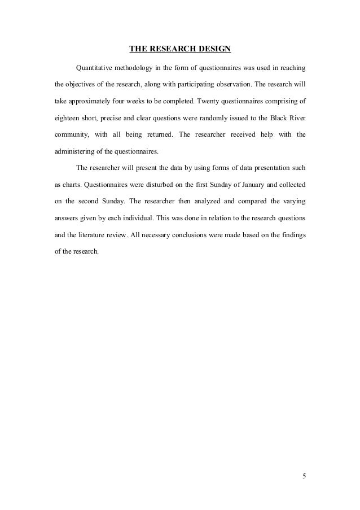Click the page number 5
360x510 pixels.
coord(304,476)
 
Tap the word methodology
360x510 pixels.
coord(140,68)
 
